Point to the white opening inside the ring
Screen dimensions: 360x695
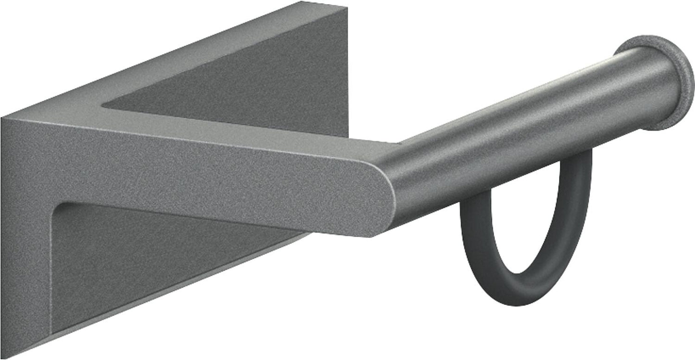(524, 226)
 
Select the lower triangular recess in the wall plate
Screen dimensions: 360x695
(159, 260)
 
